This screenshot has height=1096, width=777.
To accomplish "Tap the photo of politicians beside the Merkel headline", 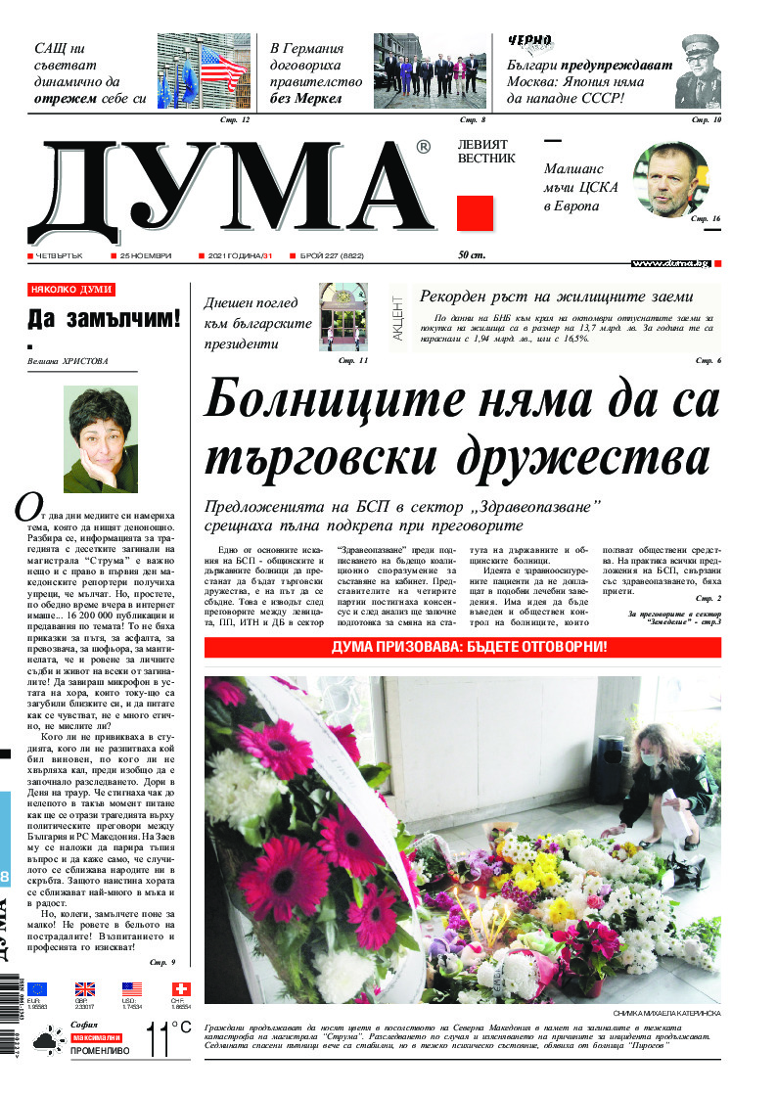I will pos(430,71).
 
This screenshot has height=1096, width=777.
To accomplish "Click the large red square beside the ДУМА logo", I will pos(475,213).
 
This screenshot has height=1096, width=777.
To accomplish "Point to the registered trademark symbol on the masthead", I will pos(423,147).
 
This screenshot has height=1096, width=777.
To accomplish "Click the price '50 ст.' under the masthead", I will pos(472,255).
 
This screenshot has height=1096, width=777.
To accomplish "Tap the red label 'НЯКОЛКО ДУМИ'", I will pos(71,290).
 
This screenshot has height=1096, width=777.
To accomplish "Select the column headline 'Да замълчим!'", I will pos(104,318).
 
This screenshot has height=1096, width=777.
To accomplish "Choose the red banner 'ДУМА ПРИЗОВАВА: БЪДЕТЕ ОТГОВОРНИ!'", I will pos(462,647).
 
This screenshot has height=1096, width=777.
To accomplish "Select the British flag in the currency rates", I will pos(85,989).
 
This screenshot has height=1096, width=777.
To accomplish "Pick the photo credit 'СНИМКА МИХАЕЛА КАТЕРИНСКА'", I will pos(667,1013).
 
